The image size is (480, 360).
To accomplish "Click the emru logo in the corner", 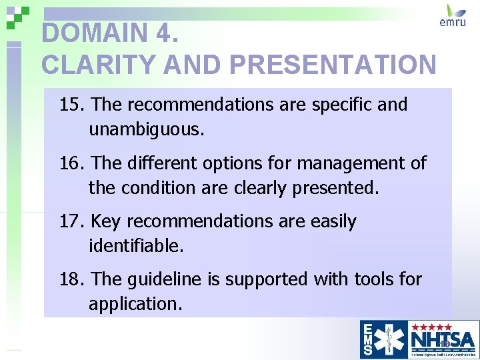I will pyautogui.click(x=456, y=16).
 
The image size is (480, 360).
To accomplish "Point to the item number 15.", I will pyautogui.click(x=72, y=105).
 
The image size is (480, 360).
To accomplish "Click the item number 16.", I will pyautogui.click(x=72, y=163).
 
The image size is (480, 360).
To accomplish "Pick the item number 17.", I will pyautogui.click(x=72, y=221).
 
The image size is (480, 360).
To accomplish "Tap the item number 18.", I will pyautogui.click(x=72, y=279).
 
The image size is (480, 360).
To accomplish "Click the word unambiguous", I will pyautogui.click(x=147, y=129).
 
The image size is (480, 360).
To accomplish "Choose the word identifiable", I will pyautogui.click(x=136, y=246).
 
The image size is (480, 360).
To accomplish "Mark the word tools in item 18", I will pyautogui.click(x=370, y=279).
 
